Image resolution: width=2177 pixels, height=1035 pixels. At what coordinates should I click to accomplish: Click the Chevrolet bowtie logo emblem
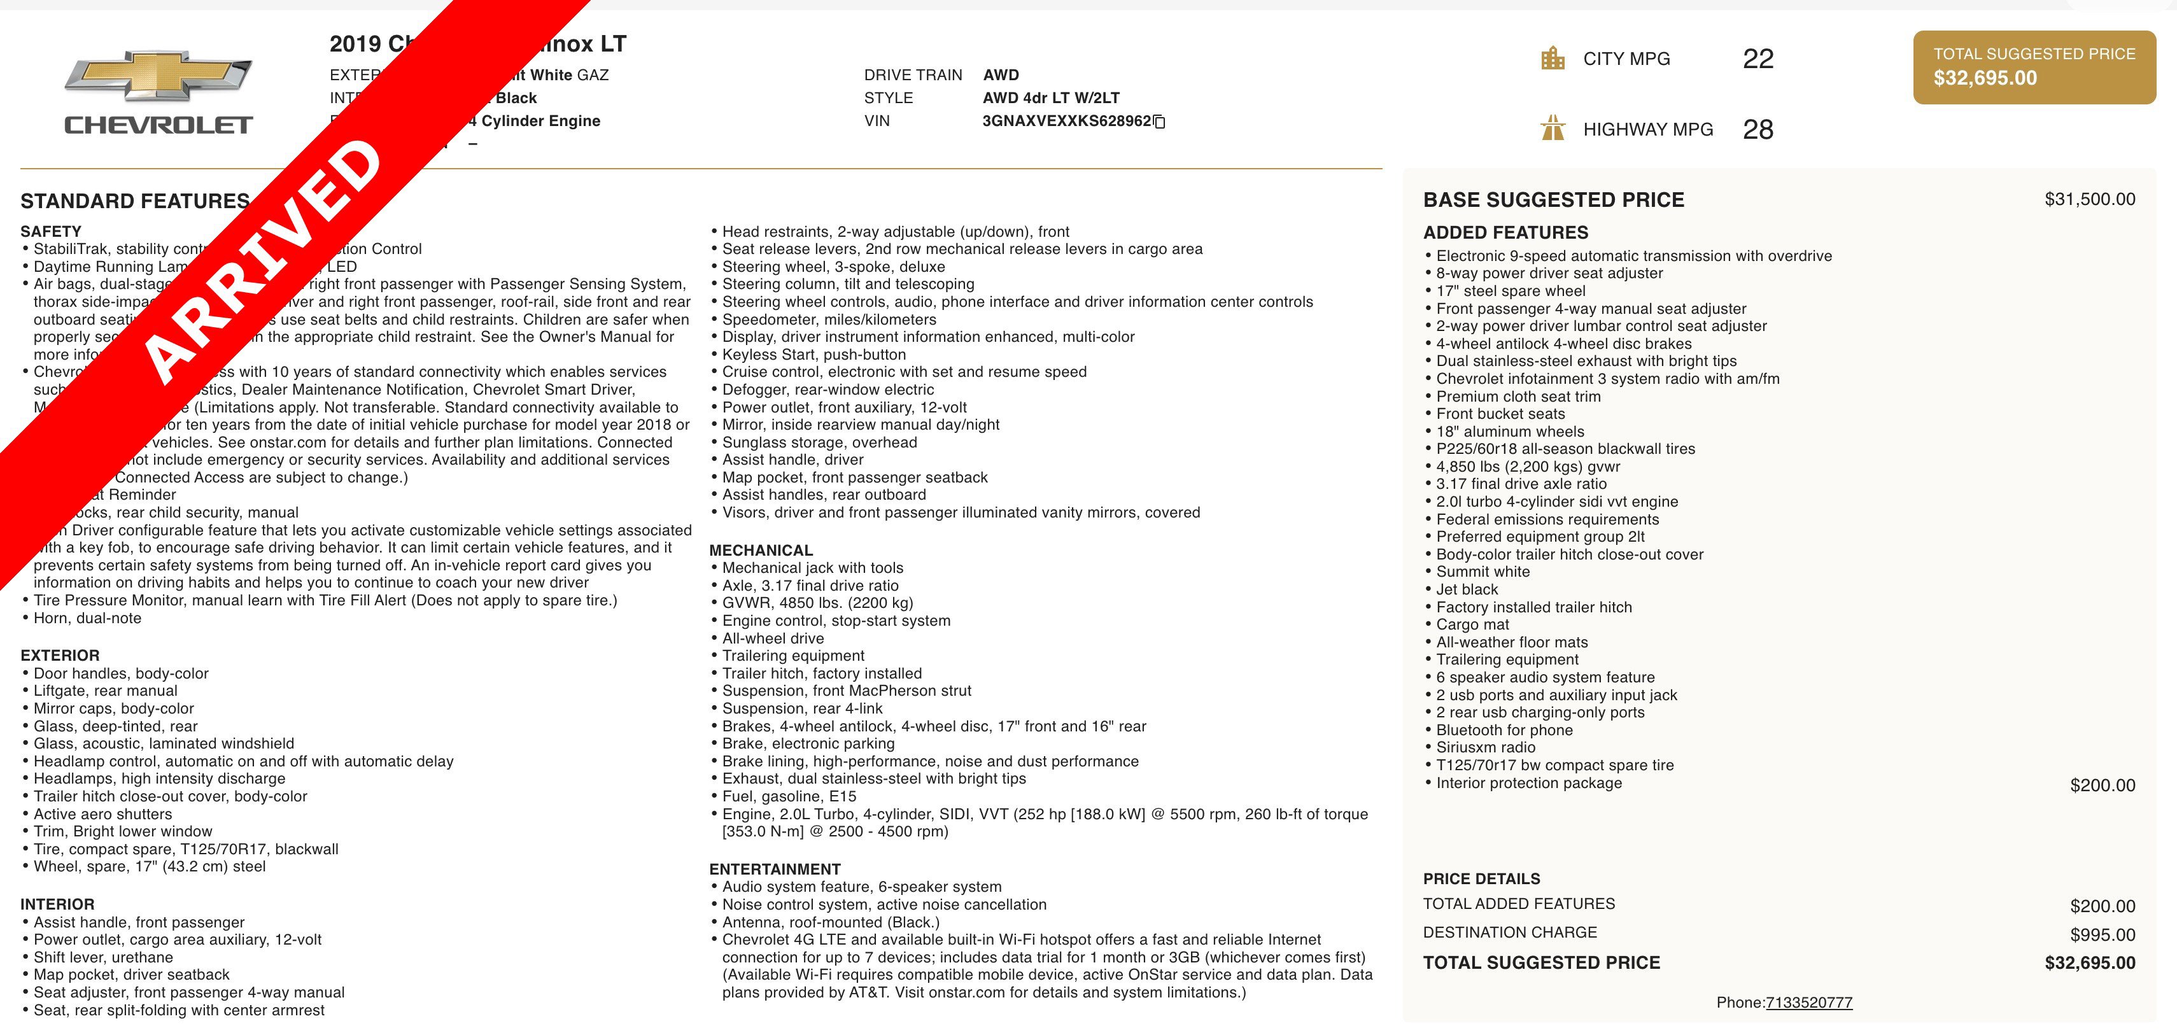pyautogui.click(x=158, y=76)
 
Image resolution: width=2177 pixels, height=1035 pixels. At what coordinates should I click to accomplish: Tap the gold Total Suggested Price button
pyautogui.click(x=2034, y=67)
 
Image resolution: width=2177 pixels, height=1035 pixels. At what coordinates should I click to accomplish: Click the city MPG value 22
pyautogui.click(x=1758, y=59)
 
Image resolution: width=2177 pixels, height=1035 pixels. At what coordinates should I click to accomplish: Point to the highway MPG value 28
pyautogui.click(x=1758, y=129)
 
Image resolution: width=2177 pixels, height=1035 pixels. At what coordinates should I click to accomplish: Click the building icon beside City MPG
pyautogui.click(x=1553, y=59)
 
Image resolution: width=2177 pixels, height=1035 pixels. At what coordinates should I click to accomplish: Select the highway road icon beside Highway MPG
pyautogui.click(x=1553, y=129)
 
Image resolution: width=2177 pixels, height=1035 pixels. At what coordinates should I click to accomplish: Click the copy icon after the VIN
pyautogui.click(x=1160, y=122)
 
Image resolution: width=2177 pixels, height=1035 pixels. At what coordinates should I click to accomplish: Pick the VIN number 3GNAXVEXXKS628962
pyautogui.click(x=1066, y=121)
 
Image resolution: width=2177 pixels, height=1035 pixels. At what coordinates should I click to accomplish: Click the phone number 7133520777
pyautogui.click(x=1808, y=1003)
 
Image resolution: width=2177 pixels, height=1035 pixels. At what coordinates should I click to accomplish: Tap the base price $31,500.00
pyautogui.click(x=2089, y=199)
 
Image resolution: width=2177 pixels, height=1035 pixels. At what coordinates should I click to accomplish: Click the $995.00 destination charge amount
pyautogui.click(x=2102, y=934)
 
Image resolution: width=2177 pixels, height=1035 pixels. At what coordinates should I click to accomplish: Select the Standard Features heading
pyautogui.click(x=135, y=201)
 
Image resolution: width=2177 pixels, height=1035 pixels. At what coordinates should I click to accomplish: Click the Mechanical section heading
pyautogui.click(x=761, y=550)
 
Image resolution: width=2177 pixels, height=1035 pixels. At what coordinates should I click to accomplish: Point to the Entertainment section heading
pyautogui.click(x=774, y=870)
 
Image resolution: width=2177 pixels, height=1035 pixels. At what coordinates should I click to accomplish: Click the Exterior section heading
pyautogui.click(x=60, y=656)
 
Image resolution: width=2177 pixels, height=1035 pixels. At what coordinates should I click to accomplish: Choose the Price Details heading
pyautogui.click(x=1481, y=878)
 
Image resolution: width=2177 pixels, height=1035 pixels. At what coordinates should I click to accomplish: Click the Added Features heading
pyautogui.click(x=1505, y=232)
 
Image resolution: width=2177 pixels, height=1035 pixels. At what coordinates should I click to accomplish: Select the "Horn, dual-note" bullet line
pyautogui.click(x=87, y=619)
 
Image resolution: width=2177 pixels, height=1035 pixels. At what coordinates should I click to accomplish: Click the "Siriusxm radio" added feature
pyautogui.click(x=1485, y=748)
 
